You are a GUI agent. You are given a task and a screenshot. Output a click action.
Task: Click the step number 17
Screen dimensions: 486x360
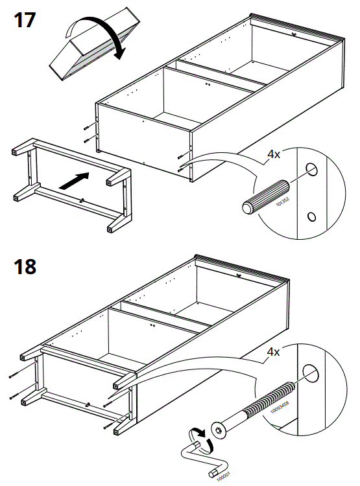click(24, 19)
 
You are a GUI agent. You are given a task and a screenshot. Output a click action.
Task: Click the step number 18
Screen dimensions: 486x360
click(25, 266)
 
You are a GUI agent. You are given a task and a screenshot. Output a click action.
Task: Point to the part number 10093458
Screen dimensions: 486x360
click(278, 408)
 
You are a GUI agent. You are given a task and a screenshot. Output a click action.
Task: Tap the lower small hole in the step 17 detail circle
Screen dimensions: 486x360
click(312, 216)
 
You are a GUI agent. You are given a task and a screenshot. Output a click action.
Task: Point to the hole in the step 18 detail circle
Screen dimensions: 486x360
click(313, 373)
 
